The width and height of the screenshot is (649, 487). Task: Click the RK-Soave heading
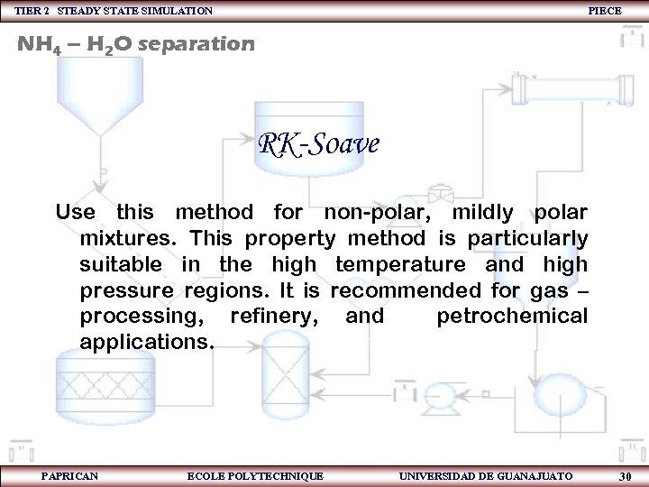318,142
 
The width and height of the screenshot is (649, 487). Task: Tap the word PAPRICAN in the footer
69,475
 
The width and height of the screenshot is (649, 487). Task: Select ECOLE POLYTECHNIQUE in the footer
254,475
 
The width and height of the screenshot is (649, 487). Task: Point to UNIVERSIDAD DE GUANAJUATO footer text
485,475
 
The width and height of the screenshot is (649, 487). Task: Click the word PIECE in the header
605,10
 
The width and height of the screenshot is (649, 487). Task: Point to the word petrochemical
511,317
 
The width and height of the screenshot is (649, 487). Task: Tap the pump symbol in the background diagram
441,392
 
